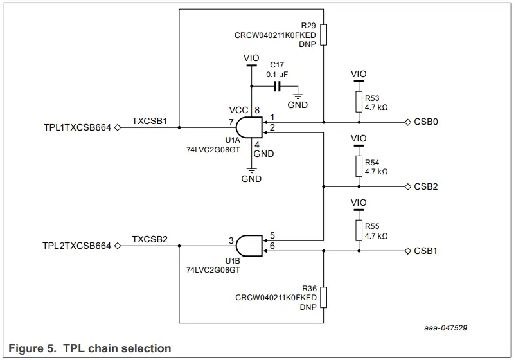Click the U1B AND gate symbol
249,245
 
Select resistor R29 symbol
324,35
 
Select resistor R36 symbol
324,298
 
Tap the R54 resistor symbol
359,166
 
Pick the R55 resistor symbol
359,230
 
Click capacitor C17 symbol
278,86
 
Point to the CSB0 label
426,122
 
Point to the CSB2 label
426,187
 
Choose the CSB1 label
426,251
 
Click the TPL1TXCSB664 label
77,128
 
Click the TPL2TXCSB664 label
77,246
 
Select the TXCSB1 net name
149,120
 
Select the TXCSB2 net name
149,239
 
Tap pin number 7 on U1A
230,122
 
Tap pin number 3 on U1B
230,240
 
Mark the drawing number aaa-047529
445,328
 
